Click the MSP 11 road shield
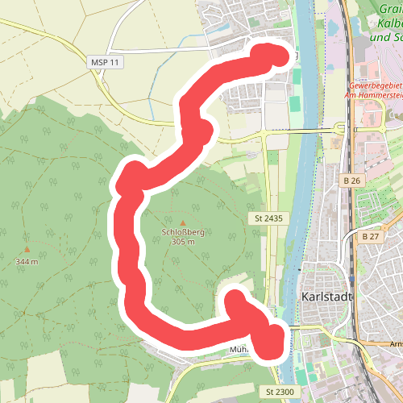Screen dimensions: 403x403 (106, 62)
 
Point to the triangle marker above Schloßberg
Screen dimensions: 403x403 (182, 222)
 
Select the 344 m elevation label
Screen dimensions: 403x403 (27, 262)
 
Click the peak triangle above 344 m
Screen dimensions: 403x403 (27, 250)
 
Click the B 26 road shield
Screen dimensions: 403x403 (349, 180)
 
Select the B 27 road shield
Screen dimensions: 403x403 (371, 236)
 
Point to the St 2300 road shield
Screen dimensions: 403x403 (280, 391)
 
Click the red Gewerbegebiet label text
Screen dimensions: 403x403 (376, 85)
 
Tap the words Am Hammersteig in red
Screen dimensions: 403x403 (376, 94)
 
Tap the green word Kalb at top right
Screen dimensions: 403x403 (388, 24)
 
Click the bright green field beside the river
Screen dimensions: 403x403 (295, 105)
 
